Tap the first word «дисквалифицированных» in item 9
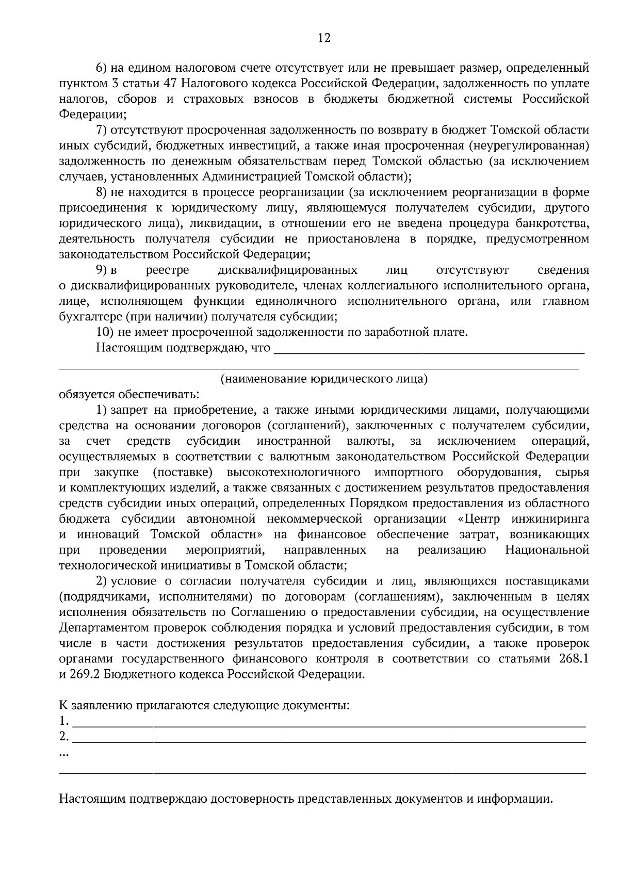[287, 270]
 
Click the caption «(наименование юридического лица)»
[324, 379]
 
